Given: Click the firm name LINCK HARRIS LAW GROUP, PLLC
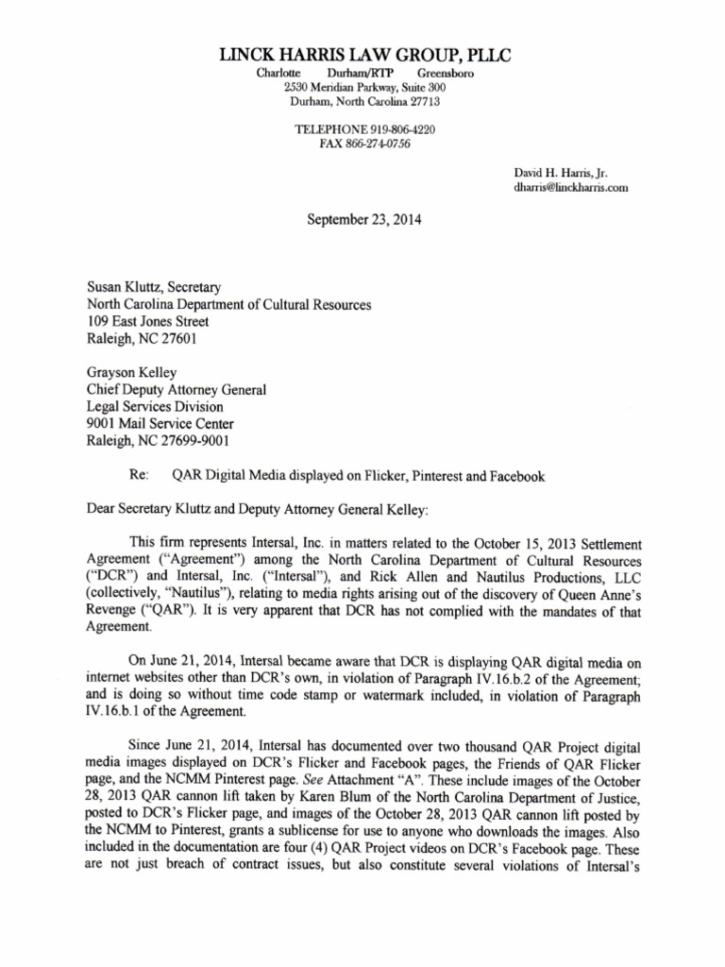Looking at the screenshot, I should pos(364,56).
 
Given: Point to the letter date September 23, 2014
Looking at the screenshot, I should pos(364,220).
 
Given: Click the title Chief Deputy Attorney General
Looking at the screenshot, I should pos(177,390).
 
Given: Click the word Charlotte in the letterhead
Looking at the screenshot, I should pos(278,73).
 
